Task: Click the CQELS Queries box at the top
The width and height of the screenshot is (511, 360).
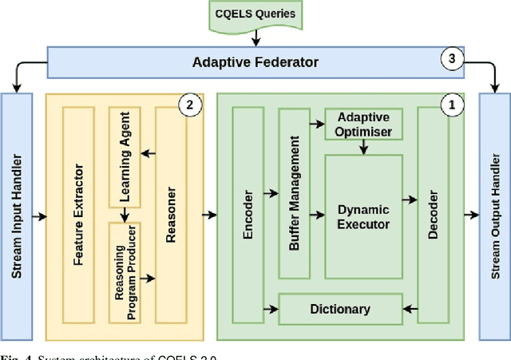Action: [255, 14]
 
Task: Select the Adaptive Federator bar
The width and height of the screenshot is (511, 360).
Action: [255, 61]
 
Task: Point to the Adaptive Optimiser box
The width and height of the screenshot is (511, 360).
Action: [363, 124]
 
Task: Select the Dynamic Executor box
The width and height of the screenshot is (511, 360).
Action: [363, 216]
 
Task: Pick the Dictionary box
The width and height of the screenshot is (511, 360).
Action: [339, 309]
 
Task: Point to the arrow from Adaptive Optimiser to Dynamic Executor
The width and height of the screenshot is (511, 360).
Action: [363, 147]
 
